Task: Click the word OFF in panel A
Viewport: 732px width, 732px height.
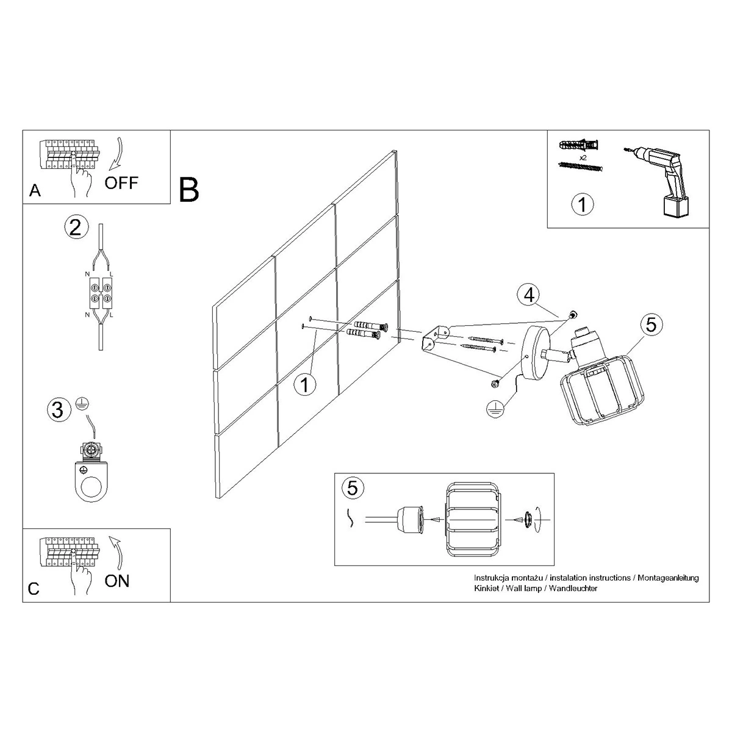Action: (x=121, y=183)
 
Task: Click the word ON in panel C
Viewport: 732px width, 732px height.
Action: (x=117, y=581)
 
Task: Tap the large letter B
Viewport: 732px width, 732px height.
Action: (x=188, y=190)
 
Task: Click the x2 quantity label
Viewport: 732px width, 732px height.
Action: (x=583, y=157)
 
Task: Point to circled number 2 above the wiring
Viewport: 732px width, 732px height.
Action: (x=76, y=228)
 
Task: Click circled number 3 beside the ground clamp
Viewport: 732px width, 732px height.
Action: (x=59, y=411)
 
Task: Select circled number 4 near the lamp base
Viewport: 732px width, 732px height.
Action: (x=529, y=295)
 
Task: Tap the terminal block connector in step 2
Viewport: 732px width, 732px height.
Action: (x=100, y=293)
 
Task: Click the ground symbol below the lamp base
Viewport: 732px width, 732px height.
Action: (x=495, y=409)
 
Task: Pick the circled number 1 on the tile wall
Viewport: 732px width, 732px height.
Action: (x=305, y=385)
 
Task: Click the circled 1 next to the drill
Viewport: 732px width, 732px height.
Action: (x=583, y=204)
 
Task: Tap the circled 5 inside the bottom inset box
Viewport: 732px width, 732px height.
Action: (x=353, y=488)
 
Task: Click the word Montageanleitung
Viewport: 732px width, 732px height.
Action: (x=668, y=578)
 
